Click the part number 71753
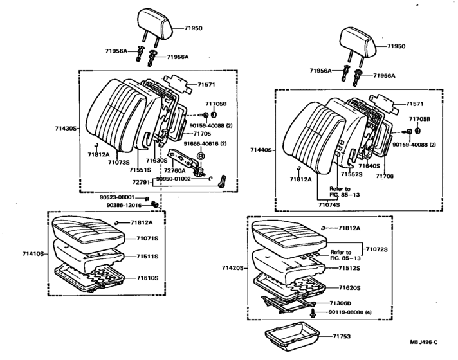342,336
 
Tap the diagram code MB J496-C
423,343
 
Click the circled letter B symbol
201,156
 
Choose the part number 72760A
175,170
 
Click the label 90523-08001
117,197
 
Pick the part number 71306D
340,303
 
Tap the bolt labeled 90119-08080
313,313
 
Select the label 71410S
33,254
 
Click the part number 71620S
350,288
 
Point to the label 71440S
261,150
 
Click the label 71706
385,176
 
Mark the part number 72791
141,182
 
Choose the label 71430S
66,128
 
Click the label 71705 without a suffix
202,134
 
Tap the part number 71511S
147,256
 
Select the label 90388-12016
124,205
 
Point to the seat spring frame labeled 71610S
89,279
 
